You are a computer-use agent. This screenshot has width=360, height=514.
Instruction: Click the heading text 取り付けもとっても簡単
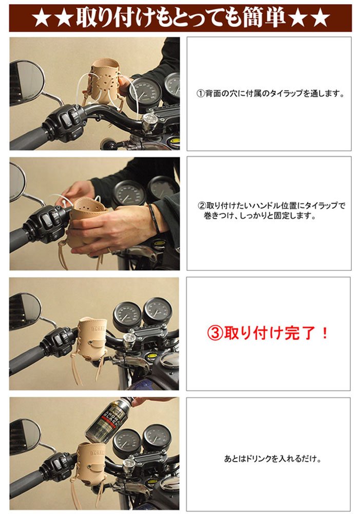tap(180, 17)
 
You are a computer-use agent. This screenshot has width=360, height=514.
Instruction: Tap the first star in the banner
tap(41, 19)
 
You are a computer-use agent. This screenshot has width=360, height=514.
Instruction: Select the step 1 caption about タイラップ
tap(270, 94)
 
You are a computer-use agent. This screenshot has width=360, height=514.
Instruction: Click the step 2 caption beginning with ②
tap(271, 211)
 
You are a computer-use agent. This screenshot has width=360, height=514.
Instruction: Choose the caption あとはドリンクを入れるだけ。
tap(273, 458)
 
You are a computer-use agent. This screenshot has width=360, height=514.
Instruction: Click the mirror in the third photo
tap(25, 311)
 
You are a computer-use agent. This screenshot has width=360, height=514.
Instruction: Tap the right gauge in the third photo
tap(158, 311)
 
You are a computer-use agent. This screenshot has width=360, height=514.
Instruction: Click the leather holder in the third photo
tap(93, 339)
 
